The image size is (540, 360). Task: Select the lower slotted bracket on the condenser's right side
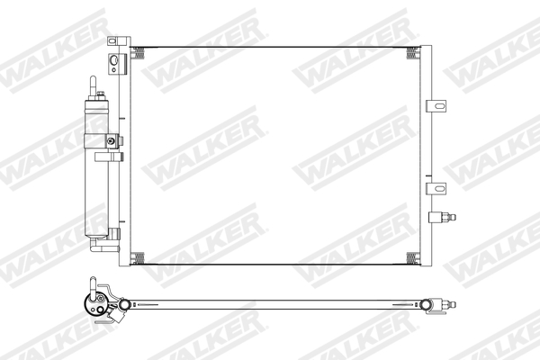coord(438,187)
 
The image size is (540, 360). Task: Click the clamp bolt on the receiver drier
coord(111,140)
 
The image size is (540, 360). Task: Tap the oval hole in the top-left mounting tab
coord(114,62)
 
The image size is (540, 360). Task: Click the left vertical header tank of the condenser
coord(127,153)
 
